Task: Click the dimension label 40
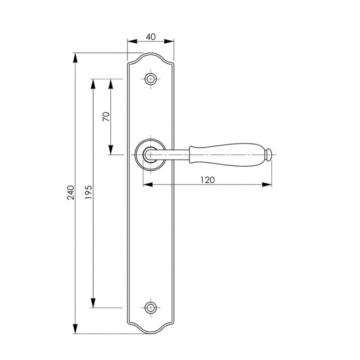151,37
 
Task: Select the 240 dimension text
71,192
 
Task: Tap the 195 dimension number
89,192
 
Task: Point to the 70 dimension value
106,117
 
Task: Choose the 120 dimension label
208,180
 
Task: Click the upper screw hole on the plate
151,79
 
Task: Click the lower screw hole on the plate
151,307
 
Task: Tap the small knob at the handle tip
269,155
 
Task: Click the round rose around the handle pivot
151,155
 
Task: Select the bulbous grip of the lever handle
227,155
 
